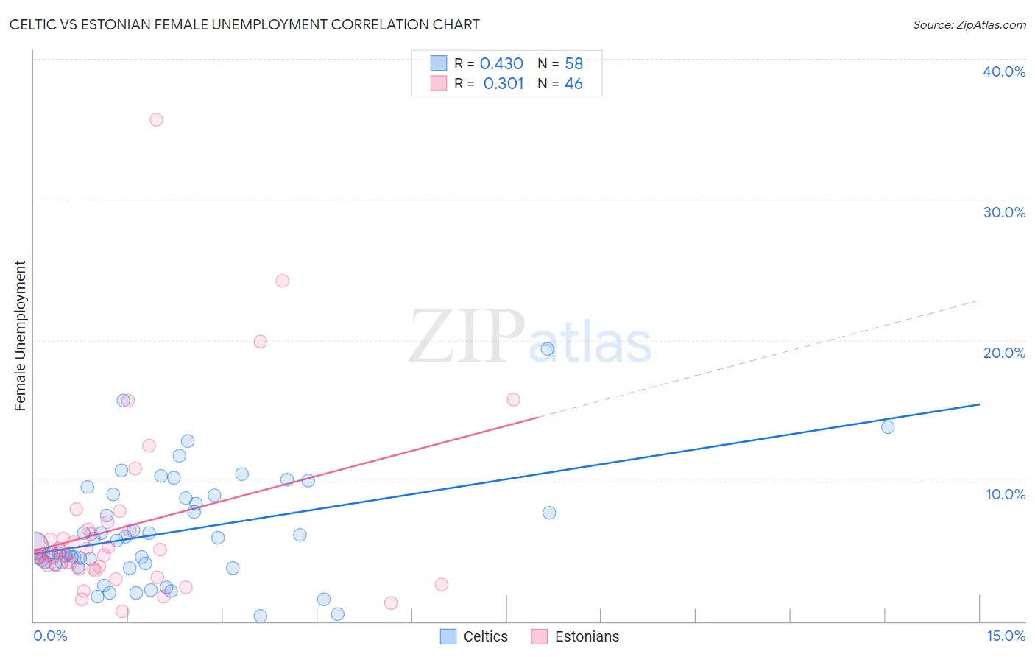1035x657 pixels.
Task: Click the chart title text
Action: (x=244, y=24)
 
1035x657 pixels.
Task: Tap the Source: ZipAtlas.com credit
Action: (x=969, y=24)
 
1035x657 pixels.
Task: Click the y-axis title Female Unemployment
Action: (x=20, y=335)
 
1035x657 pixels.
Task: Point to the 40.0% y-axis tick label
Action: (x=1004, y=71)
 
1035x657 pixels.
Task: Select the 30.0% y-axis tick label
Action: (x=1004, y=212)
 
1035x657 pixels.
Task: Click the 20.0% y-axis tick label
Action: (x=1004, y=353)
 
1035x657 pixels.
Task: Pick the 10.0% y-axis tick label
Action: (x=1006, y=494)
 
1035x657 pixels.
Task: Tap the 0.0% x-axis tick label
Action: (x=50, y=636)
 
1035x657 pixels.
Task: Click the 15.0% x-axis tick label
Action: (x=1006, y=636)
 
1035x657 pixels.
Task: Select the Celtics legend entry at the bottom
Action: (x=474, y=636)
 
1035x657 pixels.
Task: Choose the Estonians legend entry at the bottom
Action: (x=576, y=636)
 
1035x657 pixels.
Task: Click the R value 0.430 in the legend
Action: (x=501, y=64)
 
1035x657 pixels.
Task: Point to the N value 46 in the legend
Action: (x=573, y=84)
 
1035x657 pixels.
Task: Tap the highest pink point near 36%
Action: (x=156, y=119)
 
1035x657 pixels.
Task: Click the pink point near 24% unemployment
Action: (x=282, y=281)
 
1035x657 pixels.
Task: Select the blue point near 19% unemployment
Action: (x=547, y=349)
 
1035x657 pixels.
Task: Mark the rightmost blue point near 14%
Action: (x=888, y=427)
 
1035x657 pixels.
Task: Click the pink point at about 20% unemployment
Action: (x=260, y=342)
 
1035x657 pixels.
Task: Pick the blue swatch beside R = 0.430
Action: (x=439, y=63)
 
